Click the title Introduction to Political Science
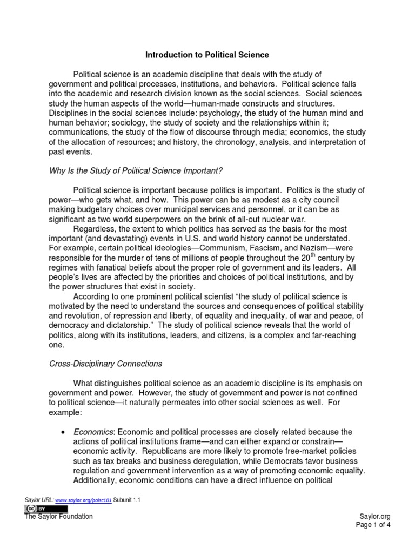pos(207,55)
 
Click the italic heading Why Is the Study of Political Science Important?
pos(135,171)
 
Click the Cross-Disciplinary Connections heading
pos(105,363)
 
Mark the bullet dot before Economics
pos(64,432)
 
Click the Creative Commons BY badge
pos(45,509)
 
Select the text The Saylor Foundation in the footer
pos(58,517)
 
